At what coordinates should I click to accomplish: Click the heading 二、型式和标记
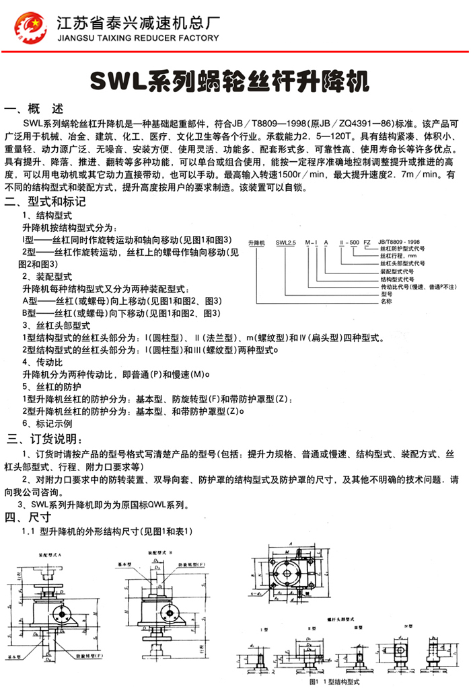click(45, 202)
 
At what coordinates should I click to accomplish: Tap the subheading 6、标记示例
click(47, 424)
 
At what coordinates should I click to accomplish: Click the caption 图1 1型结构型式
click(334, 681)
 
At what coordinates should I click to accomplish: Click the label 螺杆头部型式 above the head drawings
click(340, 614)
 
